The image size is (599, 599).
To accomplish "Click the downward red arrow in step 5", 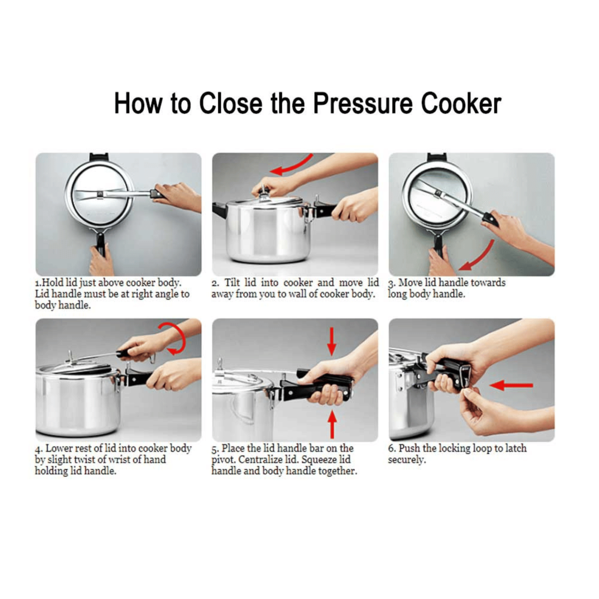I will pos(331,341).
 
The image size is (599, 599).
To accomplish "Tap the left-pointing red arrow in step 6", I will pos(512,385).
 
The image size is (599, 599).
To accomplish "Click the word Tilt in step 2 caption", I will pos(232,283).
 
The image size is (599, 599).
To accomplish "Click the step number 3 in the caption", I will pos(391,284).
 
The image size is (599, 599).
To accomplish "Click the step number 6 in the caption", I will pos(391,449).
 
